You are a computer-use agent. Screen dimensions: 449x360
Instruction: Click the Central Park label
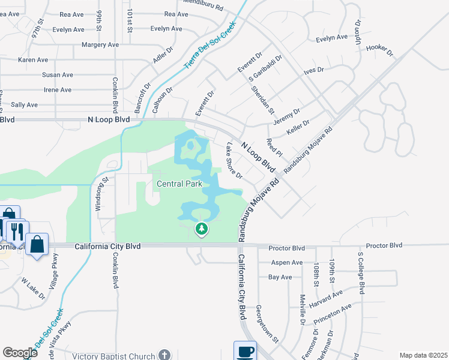178,184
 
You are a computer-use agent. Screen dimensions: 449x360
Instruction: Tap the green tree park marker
202,228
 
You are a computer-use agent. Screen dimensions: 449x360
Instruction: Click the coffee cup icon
245,351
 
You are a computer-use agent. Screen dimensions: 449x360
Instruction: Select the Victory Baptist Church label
114,356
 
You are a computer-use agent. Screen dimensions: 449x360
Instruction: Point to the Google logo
20,353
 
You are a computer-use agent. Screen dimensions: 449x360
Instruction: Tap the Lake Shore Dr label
234,161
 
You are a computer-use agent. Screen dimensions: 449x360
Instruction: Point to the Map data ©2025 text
423,355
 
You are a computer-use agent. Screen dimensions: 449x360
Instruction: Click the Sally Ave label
24,104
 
